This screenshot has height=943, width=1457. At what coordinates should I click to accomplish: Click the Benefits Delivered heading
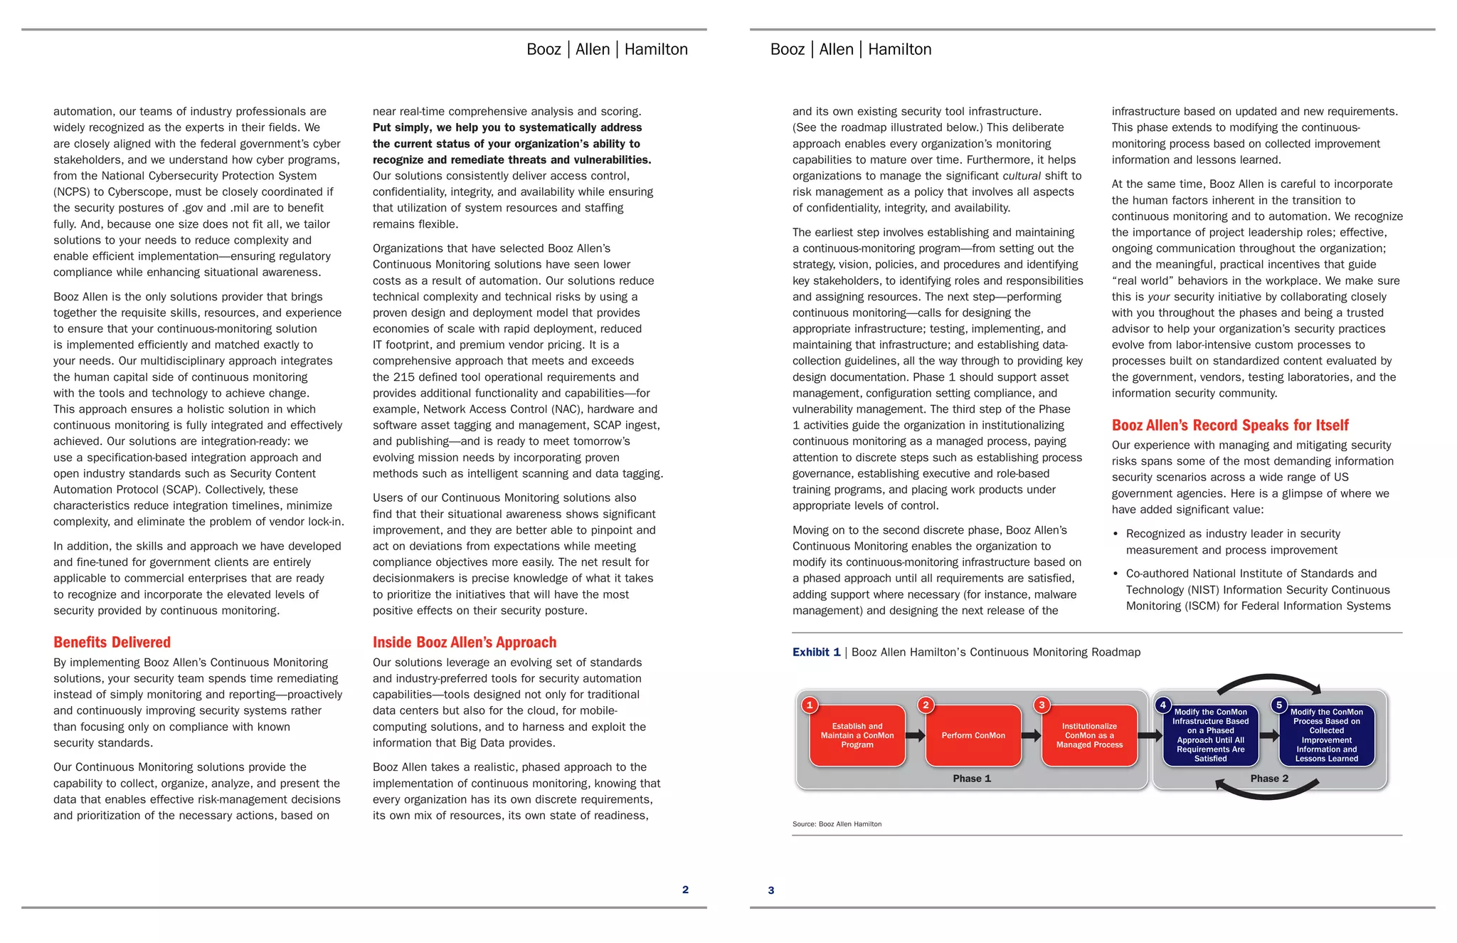(112, 642)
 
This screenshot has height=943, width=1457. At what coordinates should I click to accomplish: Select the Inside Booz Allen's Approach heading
(464, 642)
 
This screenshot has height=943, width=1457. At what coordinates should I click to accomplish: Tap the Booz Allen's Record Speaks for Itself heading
(1229, 425)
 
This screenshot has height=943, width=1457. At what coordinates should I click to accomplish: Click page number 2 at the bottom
(685, 889)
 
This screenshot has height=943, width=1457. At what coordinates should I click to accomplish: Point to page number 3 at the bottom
(770, 890)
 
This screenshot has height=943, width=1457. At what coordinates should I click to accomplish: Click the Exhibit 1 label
(816, 652)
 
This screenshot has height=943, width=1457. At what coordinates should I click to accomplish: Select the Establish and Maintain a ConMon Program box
(857, 736)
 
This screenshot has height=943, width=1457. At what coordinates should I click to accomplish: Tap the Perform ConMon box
(973, 736)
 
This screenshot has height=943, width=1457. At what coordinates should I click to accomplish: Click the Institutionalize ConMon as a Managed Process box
(1088, 736)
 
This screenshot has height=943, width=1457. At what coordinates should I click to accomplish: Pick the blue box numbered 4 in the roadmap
(1210, 736)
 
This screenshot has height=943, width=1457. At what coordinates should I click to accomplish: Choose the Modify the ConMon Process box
(1326, 736)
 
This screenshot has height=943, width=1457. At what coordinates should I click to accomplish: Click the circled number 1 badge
(810, 705)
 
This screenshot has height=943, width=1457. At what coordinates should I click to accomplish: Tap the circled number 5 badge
(1278, 705)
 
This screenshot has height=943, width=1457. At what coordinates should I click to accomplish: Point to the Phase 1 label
(971, 779)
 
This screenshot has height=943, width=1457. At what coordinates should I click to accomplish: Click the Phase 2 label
(1269, 779)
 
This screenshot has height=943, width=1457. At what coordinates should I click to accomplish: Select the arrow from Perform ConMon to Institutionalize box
(1031, 736)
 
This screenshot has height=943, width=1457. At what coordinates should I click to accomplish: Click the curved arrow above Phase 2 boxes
(1268, 678)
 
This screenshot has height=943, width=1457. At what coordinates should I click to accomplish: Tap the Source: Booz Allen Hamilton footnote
(837, 824)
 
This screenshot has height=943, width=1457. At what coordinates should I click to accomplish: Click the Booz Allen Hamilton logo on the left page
(607, 49)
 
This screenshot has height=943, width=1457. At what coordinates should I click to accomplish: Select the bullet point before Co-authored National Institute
(1116, 574)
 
